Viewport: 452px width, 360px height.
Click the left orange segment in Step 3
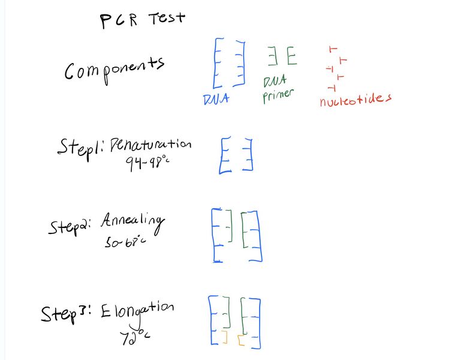224,337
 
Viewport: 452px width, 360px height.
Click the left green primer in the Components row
273,56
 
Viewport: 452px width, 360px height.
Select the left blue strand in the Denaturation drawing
224,155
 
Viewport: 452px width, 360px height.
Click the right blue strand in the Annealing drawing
255,236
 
